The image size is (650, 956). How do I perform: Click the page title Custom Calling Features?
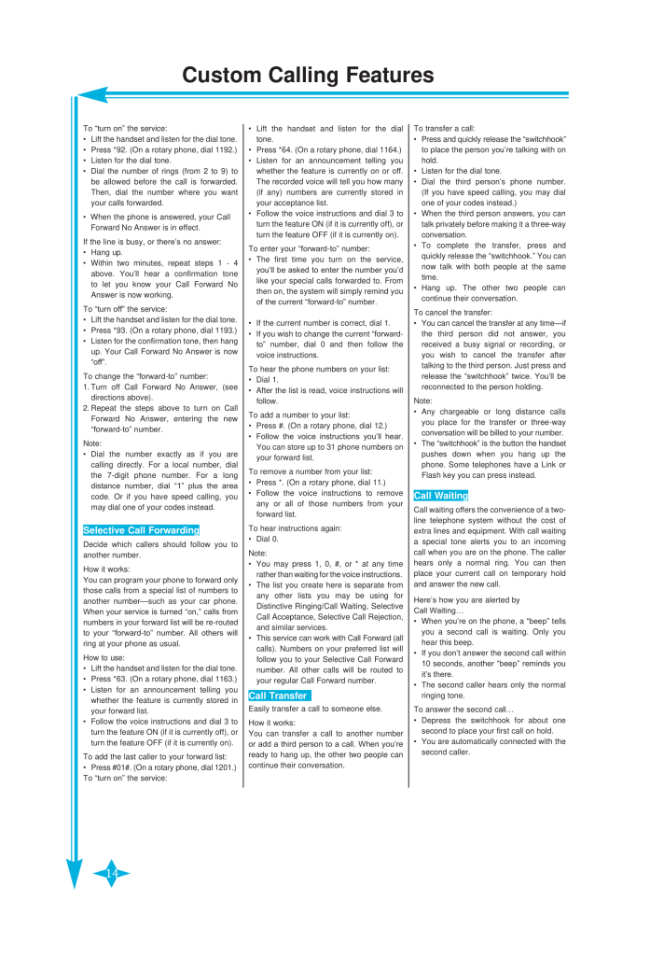pyautogui.click(x=307, y=75)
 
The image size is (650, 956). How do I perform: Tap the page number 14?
pyautogui.click(x=111, y=873)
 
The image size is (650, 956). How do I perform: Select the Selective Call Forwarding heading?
pyautogui.click(x=141, y=530)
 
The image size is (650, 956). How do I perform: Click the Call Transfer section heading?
pyautogui.click(x=279, y=696)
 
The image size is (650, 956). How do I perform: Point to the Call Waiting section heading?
pyautogui.click(x=441, y=496)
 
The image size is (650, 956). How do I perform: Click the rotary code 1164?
pyautogui.click(x=389, y=148)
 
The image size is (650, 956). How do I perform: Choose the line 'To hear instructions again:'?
pyautogui.click(x=292, y=527)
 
